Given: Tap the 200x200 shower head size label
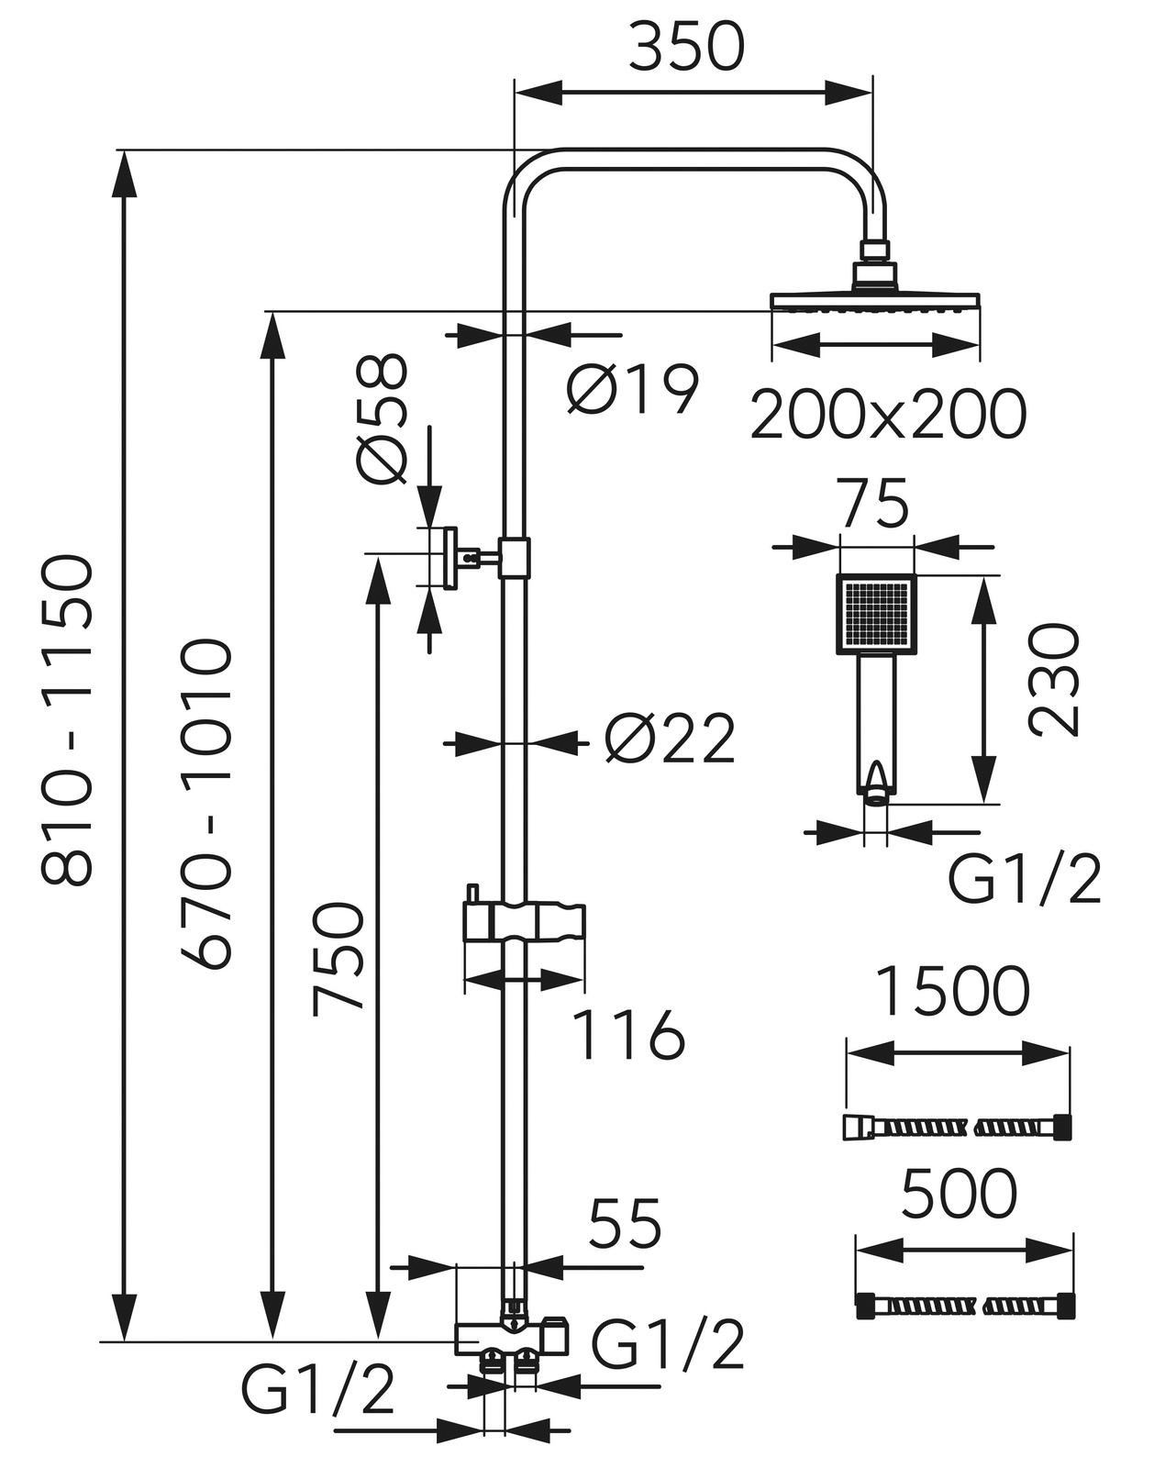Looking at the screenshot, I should click(887, 415).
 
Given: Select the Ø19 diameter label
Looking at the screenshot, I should click(632, 389).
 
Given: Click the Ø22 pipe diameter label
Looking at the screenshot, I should click(671, 740).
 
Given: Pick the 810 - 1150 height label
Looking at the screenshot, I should click(69, 720).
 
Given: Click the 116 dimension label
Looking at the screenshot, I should click(628, 1036).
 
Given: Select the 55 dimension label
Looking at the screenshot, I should click(625, 1224).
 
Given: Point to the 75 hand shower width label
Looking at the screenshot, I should click(876, 504).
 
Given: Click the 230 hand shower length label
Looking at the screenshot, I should click(1053, 680).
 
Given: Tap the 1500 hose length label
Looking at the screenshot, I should click(952, 992).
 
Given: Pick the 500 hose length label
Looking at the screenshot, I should click(960, 1195).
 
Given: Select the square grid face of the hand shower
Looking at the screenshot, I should click(877, 613).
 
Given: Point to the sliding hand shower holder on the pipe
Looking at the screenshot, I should click(524, 921).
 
